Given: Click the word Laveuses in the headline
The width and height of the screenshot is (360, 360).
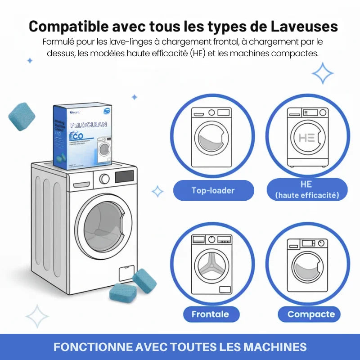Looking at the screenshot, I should [x=305, y=26].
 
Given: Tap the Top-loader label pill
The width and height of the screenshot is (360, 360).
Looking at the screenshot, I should [x=213, y=190].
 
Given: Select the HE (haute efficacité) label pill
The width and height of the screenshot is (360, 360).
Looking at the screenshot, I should [x=306, y=189].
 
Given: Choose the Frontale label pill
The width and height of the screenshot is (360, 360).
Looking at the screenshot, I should [x=210, y=314].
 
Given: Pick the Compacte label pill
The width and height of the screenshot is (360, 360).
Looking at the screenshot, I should [x=311, y=314].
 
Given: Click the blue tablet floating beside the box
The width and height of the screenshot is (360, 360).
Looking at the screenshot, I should [x=22, y=117].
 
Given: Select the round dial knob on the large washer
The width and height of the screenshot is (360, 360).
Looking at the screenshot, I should [x=104, y=179].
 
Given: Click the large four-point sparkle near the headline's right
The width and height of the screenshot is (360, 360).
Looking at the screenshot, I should [x=323, y=73].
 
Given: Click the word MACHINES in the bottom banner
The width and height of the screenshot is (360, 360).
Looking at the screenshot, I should [x=275, y=347].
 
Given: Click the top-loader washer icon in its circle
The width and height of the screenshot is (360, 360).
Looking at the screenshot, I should [x=211, y=136].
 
